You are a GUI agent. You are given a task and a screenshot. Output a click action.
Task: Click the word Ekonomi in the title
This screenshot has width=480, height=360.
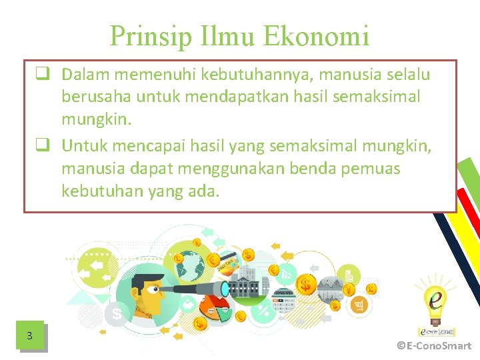(x=317, y=36)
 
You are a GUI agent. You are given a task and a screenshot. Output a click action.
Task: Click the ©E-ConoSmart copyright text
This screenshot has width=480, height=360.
(x=434, y=345)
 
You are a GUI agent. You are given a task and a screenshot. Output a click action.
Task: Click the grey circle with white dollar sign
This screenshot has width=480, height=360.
(x=117, y=312)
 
